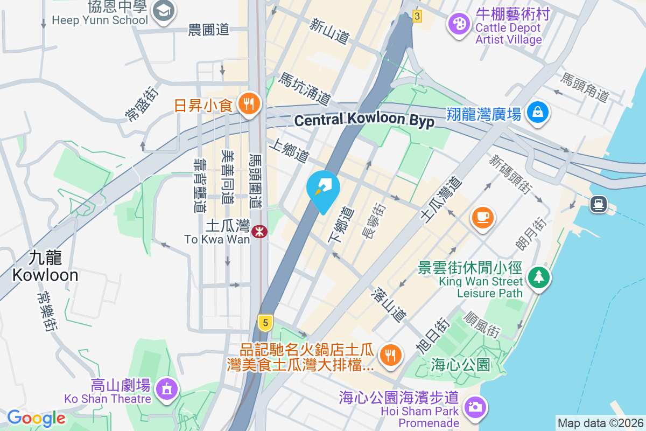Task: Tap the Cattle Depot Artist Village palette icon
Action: point(459,24)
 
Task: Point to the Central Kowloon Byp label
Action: point(364,120)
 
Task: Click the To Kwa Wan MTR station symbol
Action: point(260,232)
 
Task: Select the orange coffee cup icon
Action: point(482,217)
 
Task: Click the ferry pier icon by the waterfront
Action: point(598,204)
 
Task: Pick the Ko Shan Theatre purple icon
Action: point(166,388)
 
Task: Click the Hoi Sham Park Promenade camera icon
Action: point(475,407)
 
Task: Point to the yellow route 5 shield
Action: point(264,323)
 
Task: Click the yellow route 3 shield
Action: point(417,16)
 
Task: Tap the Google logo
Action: point(36,418)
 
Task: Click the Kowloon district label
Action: point(45,267)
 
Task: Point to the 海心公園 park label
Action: point(461,365)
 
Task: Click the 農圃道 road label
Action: point(208,30)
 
